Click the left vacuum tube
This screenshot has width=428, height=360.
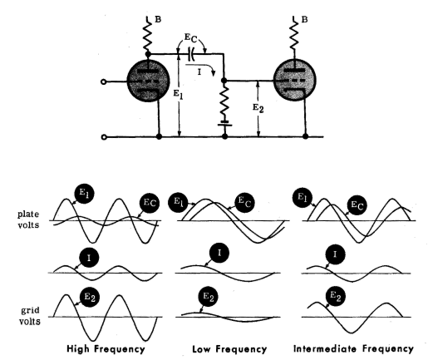click(148, 81)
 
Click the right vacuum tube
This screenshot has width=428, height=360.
click(294, 80)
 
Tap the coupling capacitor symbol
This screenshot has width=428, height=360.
click(190, 53)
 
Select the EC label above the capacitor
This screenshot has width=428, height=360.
click(190, 38)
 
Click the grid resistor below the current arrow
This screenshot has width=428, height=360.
click(224, 101)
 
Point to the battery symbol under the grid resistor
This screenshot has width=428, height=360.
click(224, 123)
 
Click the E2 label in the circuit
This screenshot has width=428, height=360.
click(258, 108)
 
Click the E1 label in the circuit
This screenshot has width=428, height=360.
click(178, 94)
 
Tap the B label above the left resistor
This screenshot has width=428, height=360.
click(158, 19)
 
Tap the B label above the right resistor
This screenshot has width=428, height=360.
click(304, 20)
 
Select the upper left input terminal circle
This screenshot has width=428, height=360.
click(104, 81)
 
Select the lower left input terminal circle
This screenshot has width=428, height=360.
click(104, 137)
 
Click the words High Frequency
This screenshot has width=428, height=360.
click(106, 348)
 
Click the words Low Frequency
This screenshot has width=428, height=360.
click(229, 348)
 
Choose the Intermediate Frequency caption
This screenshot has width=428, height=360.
click(353, 348)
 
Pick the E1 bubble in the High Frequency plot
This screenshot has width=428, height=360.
click(85, 194)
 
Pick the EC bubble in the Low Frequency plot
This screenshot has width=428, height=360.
click(245, 203)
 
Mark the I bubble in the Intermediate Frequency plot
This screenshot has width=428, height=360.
click(335, 254)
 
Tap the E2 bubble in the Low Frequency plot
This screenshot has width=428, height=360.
click(209, 297)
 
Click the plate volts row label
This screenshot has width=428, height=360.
click(28, 219)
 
